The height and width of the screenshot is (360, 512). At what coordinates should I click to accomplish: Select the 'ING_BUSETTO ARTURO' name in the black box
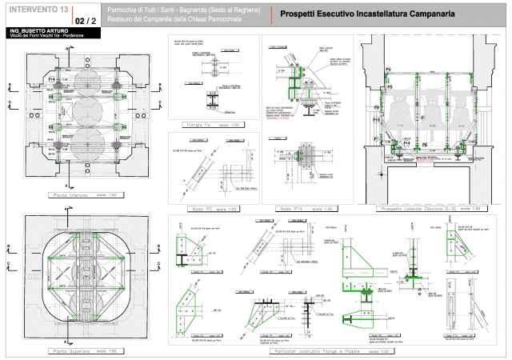[x=39, y=29]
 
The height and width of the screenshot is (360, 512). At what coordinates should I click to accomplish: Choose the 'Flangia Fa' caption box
[x=213, y=126]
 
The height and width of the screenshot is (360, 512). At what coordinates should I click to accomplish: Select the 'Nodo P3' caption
[x=210, y=209]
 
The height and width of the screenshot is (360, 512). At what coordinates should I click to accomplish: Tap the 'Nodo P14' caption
[x=298, y=209]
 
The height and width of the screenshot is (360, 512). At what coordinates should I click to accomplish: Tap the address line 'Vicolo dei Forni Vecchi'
[x=38, y=35]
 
